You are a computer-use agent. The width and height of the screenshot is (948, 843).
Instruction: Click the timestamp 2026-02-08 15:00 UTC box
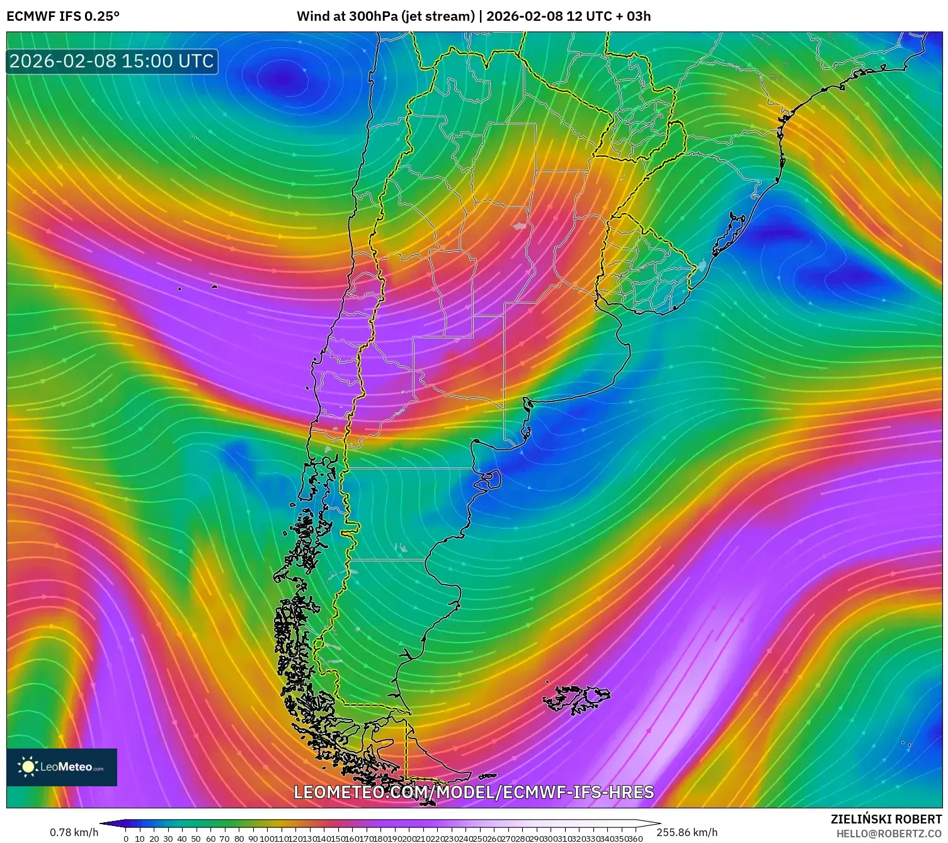112,61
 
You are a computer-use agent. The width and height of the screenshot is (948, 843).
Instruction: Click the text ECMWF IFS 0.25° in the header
63,16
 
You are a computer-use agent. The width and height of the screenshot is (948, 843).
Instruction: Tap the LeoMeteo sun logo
28,767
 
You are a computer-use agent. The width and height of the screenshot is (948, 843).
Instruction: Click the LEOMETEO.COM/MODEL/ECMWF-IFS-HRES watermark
474,792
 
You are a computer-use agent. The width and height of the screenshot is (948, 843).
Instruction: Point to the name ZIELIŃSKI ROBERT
886,819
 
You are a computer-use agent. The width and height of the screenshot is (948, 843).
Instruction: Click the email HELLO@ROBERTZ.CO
889,834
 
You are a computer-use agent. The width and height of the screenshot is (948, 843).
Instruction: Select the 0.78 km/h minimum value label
74,832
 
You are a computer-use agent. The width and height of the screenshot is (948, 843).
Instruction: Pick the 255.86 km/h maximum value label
687,832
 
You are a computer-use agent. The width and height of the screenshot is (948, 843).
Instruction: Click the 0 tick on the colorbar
126,839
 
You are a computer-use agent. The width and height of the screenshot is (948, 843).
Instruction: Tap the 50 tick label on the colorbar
196,839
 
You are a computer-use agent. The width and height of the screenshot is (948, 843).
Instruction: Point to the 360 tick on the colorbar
636,839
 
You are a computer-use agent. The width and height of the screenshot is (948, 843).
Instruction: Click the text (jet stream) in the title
438,16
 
